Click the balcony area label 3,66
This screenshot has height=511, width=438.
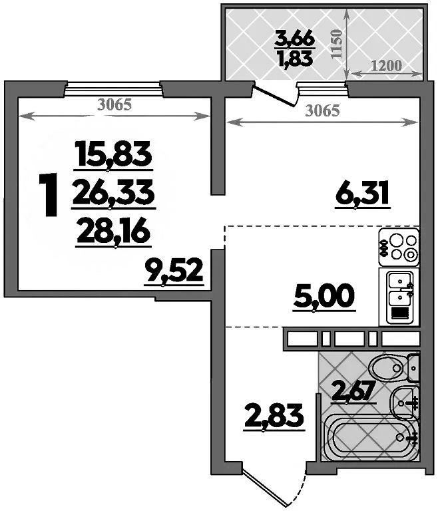pyautogui.click(x=295, y=39)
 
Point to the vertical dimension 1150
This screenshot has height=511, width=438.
pyautogui.click(x=336, y=44)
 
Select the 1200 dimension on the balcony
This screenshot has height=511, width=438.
pyautogui.click(x=387, y=66)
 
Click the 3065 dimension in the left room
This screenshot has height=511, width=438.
pyautogui.click(x=114, y=104)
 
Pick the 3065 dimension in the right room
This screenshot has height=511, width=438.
pyautogui.click(x=322, y=111)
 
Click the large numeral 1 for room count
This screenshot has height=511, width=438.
pyautogui.click(x=49, y=195)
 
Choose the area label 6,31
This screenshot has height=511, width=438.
pyautogui.click(x=362, y=193)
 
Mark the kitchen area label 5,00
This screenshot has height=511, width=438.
pyautogui.click(x=324, y=296)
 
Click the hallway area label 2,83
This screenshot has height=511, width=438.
pyautogui.click(x=274, y=416)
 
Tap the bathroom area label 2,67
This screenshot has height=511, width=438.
pyautogui.click(x=353, y=391)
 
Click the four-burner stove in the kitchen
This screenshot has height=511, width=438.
pyautogui.click(x=399, y=248)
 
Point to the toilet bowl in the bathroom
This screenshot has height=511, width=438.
pyautogui.click(x=393, y=368)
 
